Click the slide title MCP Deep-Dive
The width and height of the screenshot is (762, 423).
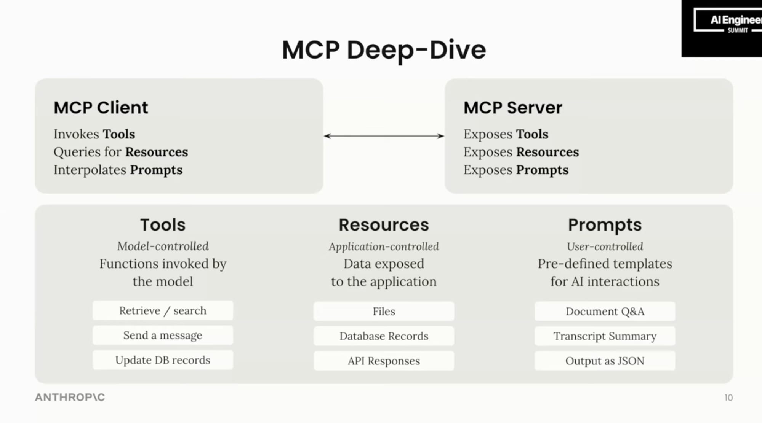click(384, 50)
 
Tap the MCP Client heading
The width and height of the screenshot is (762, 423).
click(101, 108)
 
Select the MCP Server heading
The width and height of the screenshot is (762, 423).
click(512, 108)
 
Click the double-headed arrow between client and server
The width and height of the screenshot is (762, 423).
click(384, 136)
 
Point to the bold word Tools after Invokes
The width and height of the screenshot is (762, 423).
click(119, 134)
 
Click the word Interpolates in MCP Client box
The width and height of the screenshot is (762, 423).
click(90, 170)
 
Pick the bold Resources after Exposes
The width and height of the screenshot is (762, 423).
click(547, 152)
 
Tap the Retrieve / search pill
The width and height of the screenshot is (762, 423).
click(163, 311)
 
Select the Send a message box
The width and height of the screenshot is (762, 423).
click(163, 336)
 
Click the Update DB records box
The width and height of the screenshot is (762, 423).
click(163, 360)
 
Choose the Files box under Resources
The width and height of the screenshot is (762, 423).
click(384, 312)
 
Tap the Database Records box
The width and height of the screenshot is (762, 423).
click(384, 336)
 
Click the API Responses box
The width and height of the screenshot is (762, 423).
click(384, 361)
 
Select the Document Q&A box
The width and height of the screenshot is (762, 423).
click(605, 312)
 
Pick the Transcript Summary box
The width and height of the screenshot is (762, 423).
click(605, 336)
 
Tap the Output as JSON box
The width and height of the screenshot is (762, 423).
click(605, 361)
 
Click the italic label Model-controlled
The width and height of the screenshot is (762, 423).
click(163, 246)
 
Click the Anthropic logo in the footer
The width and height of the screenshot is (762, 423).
click(70, 397)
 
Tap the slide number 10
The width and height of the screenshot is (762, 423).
click(728, 398)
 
